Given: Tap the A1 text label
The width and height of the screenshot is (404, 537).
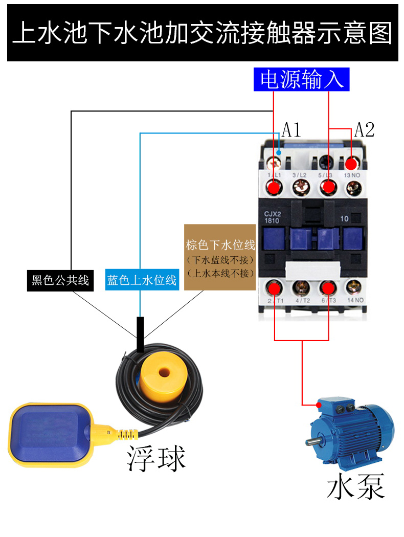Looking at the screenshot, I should click(x=291, y=130).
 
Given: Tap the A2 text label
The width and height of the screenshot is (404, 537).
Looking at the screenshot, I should click(x=365, y=130).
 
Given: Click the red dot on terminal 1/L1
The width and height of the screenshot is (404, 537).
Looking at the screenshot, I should click(x=275, y=188).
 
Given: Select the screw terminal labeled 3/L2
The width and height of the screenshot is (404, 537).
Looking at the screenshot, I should click(x=300, y=188).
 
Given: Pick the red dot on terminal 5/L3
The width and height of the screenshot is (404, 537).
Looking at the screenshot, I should click(x=327, y=188).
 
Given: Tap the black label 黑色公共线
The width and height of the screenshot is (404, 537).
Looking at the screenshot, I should click(x=60, y=280).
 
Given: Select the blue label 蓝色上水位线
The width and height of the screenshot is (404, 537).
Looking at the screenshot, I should click(x=142, y=280).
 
